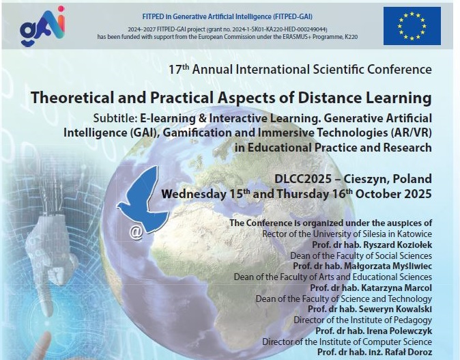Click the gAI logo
click(x=42, y=27)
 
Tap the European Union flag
click(x=412, y=26)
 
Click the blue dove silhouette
click(x=143, y=200)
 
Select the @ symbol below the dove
click(x=136, y=232)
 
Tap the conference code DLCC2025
click(x=303, y=179)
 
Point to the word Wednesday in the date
click(x=194, y=194)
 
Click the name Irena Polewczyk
click(x=399, y=331)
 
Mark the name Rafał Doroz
click(x=414, y=352)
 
